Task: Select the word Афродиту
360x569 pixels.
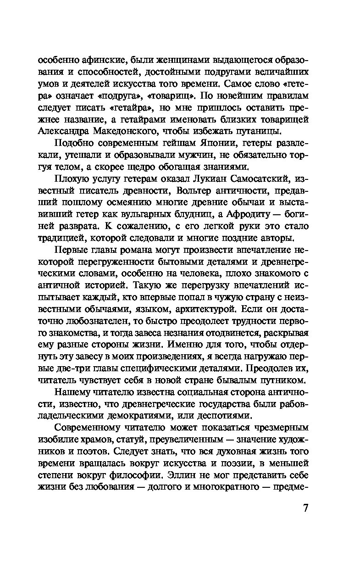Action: coord(258,214)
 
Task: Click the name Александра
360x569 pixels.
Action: coord(62,130)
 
